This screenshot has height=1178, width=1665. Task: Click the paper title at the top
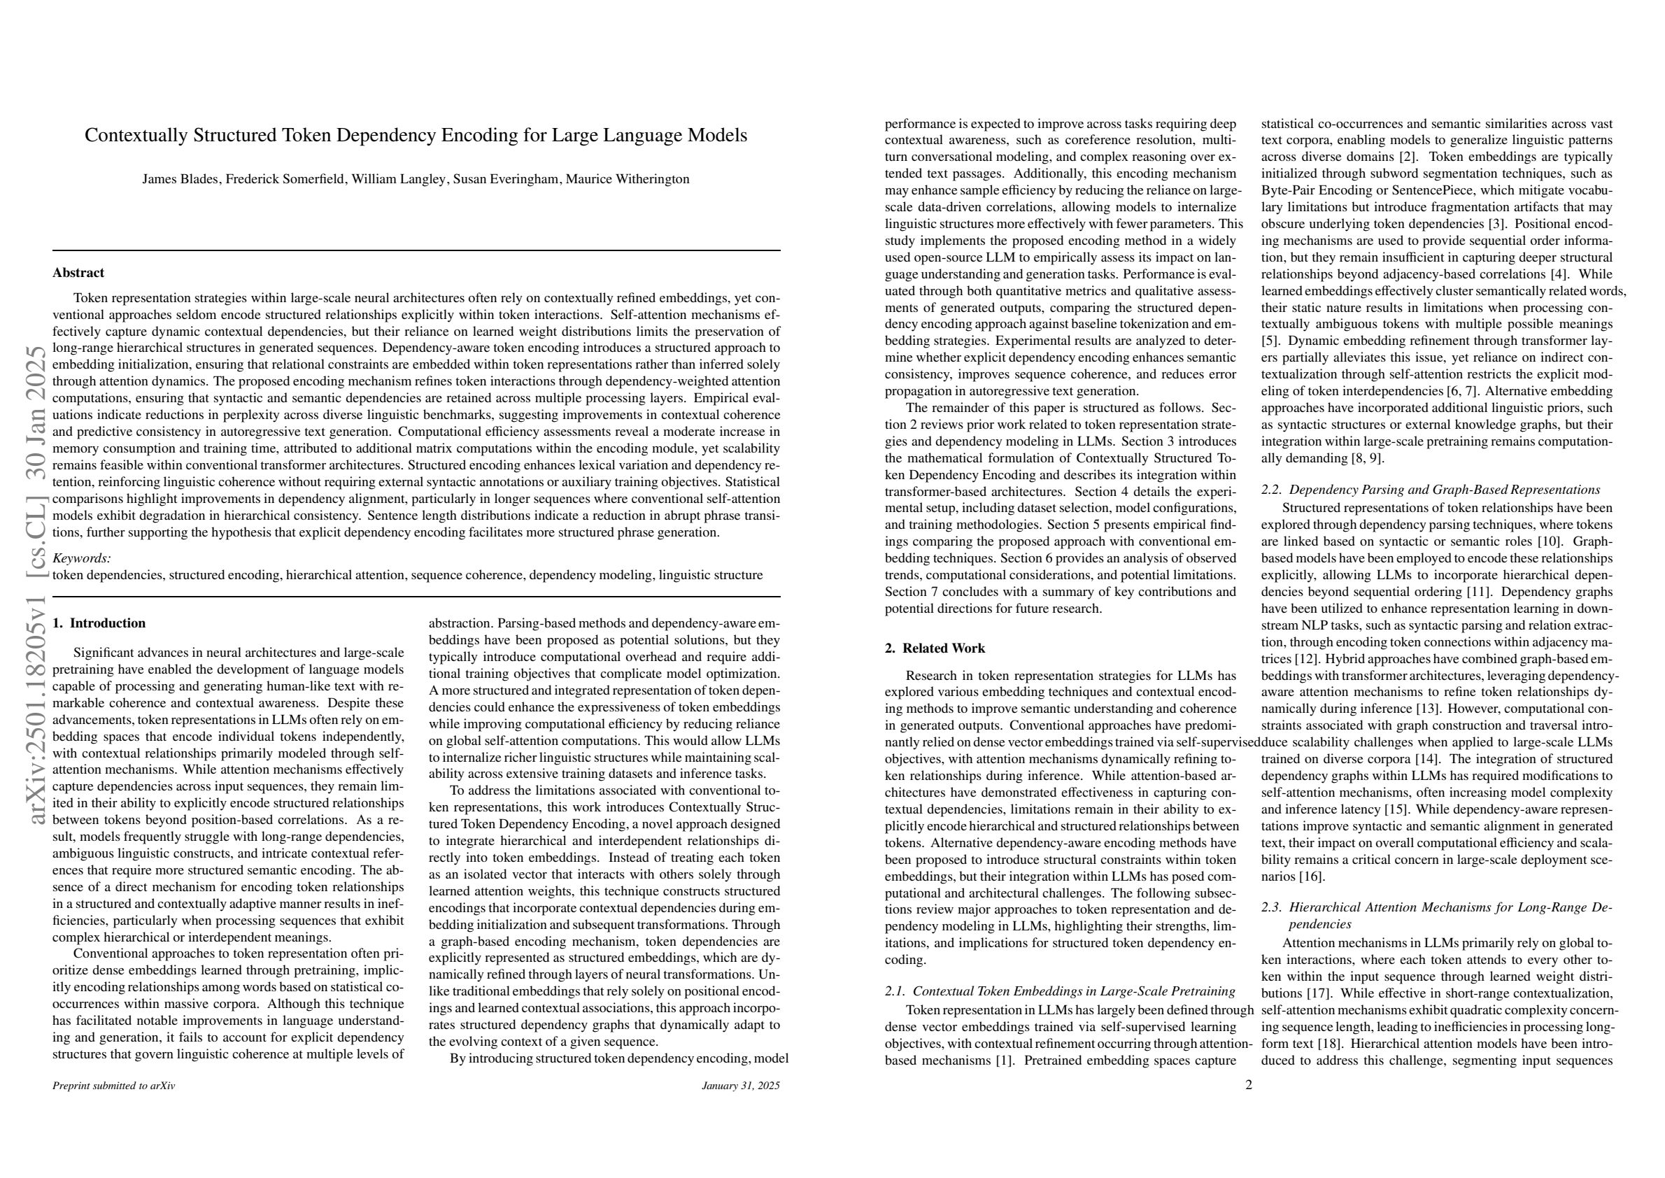416,136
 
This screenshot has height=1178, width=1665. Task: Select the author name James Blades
180,179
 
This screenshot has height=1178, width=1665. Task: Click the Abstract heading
78,273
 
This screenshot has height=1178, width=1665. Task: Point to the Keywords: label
82,558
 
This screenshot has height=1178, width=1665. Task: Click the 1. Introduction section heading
99,623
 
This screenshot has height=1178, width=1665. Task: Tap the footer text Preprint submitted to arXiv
114,1086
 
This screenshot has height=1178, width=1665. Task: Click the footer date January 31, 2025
741,1086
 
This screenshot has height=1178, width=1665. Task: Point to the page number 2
1249,1086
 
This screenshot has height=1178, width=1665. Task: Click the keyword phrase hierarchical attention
346,575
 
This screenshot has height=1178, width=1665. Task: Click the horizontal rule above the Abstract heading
416,250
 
